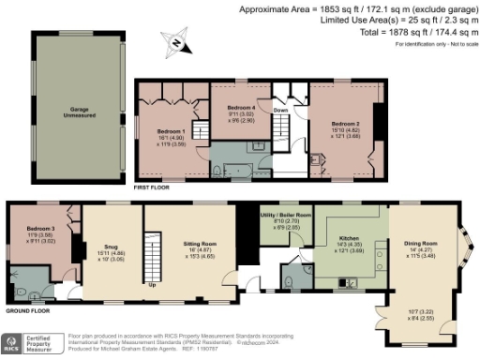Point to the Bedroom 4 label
(241, 108)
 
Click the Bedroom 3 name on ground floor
(40, 228)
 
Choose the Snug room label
(111, 241)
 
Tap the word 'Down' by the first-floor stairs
(280, 108)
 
